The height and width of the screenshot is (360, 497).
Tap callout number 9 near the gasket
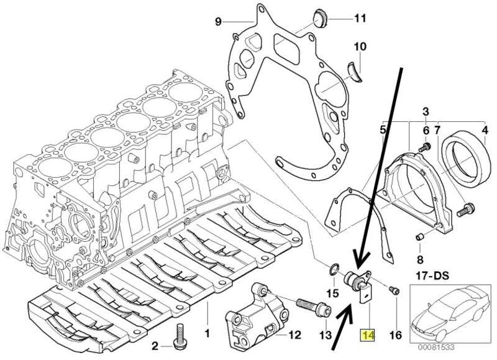[217, 22]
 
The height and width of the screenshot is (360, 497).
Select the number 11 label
[360, 18]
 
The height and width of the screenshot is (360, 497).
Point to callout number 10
[360, 47]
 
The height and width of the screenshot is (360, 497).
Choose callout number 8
[420, 259]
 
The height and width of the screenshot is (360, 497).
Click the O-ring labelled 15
[334, 269]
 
